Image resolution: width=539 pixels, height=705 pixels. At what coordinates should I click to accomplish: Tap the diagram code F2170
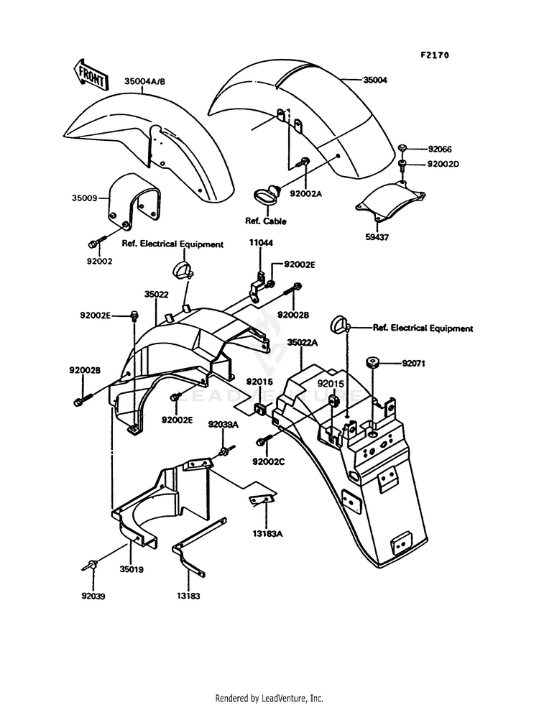coord(430,55)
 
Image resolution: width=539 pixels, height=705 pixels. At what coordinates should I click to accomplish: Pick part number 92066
coord(439,149)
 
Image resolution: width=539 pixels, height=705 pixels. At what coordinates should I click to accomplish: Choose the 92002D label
coord(443,164)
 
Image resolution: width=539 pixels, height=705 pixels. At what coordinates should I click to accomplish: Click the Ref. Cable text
coord(266,221)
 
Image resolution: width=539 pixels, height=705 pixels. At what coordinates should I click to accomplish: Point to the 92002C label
coord(269,461)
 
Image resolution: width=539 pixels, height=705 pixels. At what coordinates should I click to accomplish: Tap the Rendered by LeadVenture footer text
coord(269,698)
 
